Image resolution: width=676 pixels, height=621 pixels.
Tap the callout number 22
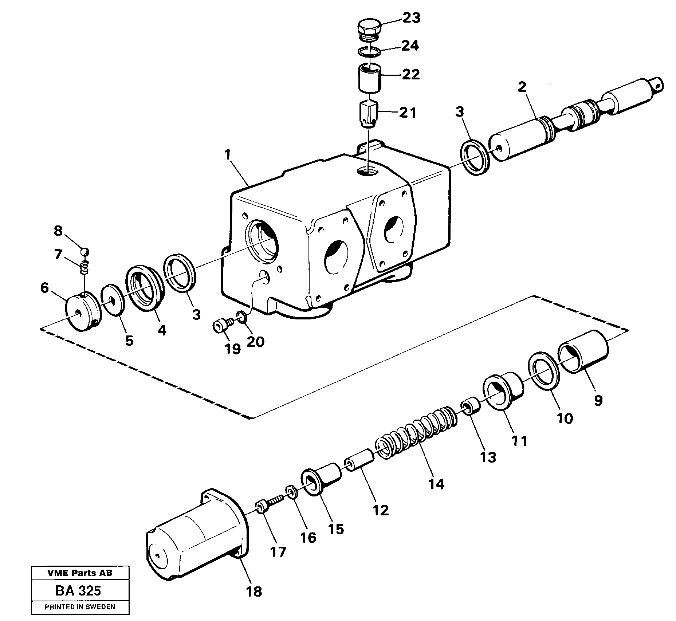pyautogui.click(x=410, y=75)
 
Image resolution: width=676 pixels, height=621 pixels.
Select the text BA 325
pyautogui.click(x=78, y=591)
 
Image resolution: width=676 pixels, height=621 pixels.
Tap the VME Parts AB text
pyautogui.click(x=80, y=573)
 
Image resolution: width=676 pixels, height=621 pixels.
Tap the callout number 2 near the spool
pyautogui.click(x=522, y=87)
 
